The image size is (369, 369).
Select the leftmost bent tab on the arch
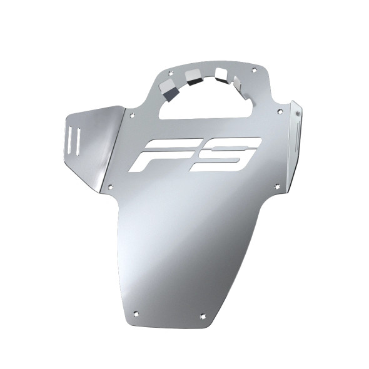[167, 84]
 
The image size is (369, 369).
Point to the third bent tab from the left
[221, 75]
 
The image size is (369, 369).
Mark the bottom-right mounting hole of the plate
[202, 316]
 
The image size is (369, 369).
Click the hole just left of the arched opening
[132, 115]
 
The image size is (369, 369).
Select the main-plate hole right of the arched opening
[280, 112]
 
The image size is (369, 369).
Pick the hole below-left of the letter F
[110, 186]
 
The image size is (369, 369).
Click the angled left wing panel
[91, 141]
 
